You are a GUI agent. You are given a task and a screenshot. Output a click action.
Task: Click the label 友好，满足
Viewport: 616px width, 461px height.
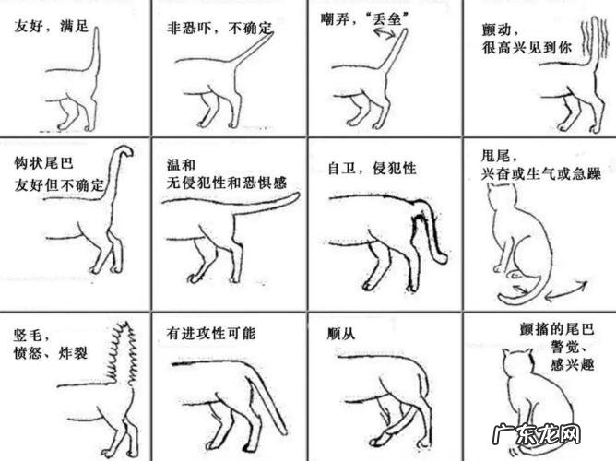52,27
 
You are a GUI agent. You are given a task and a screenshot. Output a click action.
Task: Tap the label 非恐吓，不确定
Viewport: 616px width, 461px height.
219,29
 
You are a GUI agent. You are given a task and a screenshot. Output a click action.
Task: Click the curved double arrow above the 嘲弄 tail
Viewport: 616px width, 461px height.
385,34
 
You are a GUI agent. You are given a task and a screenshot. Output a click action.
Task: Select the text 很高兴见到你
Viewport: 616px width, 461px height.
527,48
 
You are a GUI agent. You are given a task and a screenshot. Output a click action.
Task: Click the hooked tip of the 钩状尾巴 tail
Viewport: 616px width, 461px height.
125,151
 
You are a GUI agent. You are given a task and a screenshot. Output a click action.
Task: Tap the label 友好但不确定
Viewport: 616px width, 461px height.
59,185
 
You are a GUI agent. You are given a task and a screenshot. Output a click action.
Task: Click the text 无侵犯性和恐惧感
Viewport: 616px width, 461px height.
227,183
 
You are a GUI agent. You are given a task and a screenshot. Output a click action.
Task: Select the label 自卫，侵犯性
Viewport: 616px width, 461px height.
372,169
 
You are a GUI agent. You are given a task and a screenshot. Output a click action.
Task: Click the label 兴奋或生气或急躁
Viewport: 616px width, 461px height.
541,173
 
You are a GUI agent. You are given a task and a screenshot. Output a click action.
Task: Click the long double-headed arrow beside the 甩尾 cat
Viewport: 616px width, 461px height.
566,291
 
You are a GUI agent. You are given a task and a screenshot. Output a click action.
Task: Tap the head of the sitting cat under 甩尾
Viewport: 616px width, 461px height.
501,195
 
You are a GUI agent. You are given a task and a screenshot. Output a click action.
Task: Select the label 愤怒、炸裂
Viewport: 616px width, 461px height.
51,353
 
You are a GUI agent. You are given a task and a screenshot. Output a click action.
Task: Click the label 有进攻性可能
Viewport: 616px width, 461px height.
211,334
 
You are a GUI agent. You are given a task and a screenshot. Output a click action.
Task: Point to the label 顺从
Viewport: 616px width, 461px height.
341,334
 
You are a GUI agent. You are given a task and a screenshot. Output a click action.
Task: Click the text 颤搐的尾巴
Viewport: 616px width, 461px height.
556,328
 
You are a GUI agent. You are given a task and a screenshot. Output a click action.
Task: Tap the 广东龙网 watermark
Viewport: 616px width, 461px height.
536,434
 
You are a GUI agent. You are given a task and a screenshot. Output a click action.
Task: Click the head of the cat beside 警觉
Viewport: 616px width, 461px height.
517,362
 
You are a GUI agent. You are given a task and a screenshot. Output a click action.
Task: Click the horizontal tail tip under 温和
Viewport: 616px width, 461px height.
292,196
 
